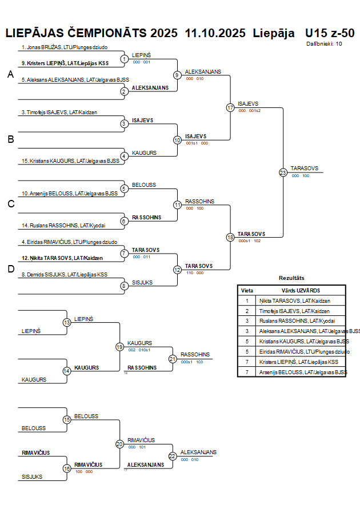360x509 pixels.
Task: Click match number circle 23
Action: [283, 172]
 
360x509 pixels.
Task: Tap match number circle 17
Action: [230, 107]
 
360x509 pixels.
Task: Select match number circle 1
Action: [124, 59]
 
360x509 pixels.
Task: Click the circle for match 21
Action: [173, 359]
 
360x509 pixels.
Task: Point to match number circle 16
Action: [67, 468]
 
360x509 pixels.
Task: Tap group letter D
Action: [10, 269]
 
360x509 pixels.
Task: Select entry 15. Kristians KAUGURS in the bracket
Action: [70, 161]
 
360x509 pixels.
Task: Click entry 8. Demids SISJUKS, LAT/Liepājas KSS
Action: [64, 275]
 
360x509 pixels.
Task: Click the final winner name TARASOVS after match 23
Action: [305, 169]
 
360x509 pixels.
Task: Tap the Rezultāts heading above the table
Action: [291, 278]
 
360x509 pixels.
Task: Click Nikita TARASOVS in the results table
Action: [294, 300]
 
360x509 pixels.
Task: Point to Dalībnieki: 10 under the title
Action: [324, 43]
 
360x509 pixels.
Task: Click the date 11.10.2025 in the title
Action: [216, 33]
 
